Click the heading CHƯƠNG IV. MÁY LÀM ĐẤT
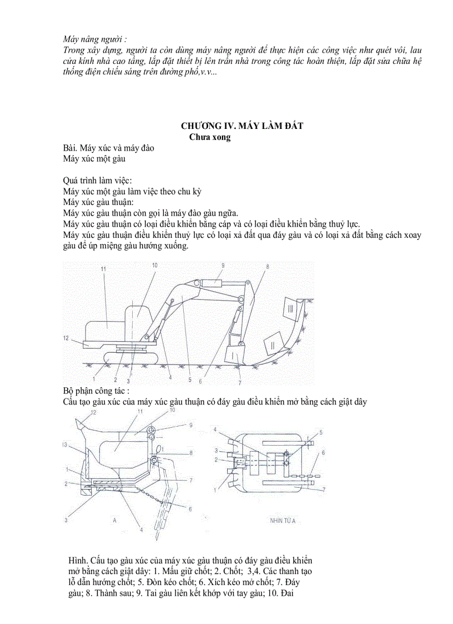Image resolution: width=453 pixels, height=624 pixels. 242,126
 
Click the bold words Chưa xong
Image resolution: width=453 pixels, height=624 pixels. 210,137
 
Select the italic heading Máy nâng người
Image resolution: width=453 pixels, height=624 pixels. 95,39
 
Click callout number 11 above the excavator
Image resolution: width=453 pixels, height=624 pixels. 103,269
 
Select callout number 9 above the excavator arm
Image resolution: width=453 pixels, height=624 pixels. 223,266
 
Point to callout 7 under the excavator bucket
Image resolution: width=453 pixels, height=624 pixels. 240,382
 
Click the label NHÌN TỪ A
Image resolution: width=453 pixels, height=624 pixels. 283,521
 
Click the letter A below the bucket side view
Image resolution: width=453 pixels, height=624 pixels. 113,521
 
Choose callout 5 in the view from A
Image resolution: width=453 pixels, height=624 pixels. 320,432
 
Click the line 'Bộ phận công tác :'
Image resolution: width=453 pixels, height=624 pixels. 97,391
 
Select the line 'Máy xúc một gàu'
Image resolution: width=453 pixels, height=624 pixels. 94,158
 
